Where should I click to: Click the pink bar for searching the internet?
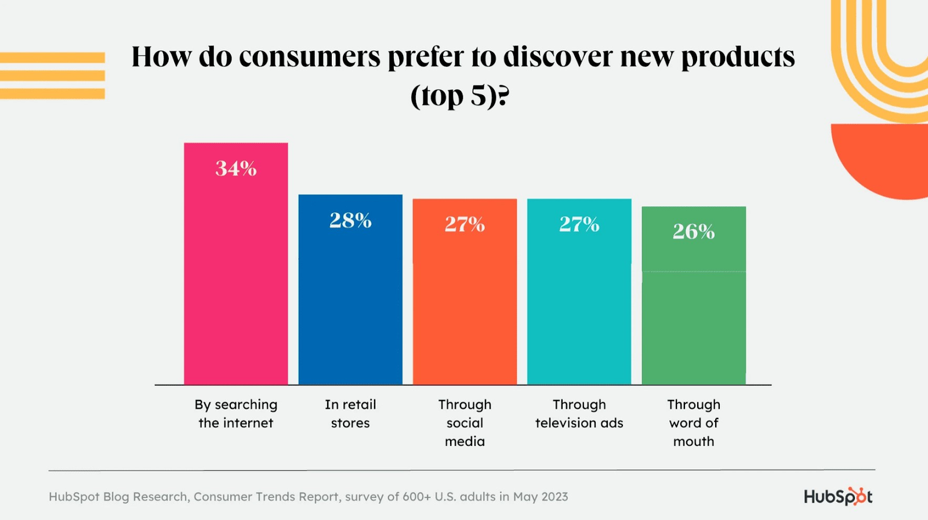pos(235,278)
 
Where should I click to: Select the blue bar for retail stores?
pos(350,301)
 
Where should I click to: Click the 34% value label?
pos(235,169)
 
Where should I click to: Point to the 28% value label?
pos(350,220)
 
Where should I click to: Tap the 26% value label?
pos(694,232)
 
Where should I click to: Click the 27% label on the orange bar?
pos(465,224)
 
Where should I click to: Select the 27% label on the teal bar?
pos(579,224)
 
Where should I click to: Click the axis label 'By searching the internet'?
pos(235,413)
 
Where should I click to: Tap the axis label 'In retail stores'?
pos(350,413)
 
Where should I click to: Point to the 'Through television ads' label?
pos(579,413)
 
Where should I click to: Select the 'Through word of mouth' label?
pos(694,423)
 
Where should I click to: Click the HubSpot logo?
pos(838,496)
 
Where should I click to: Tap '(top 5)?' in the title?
pos(459,96)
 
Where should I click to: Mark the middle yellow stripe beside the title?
pos(52,75)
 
